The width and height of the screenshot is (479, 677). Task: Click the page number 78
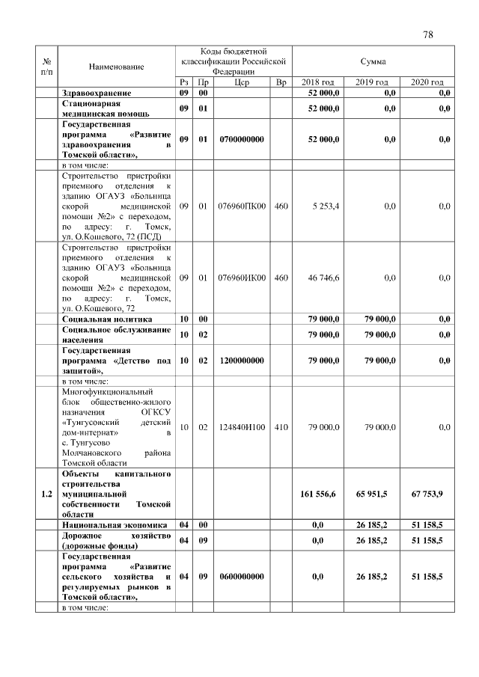[428, 34]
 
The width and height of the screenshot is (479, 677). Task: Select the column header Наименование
[116, 67]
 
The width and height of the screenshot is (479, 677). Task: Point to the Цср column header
[242, 82]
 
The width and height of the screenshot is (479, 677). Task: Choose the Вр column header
[280, 82]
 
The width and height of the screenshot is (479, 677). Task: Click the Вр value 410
[280, 427]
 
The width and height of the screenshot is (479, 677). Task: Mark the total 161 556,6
[318, 494]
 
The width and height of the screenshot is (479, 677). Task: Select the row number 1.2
[47, 494]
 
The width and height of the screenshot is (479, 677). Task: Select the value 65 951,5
[372, 494]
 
